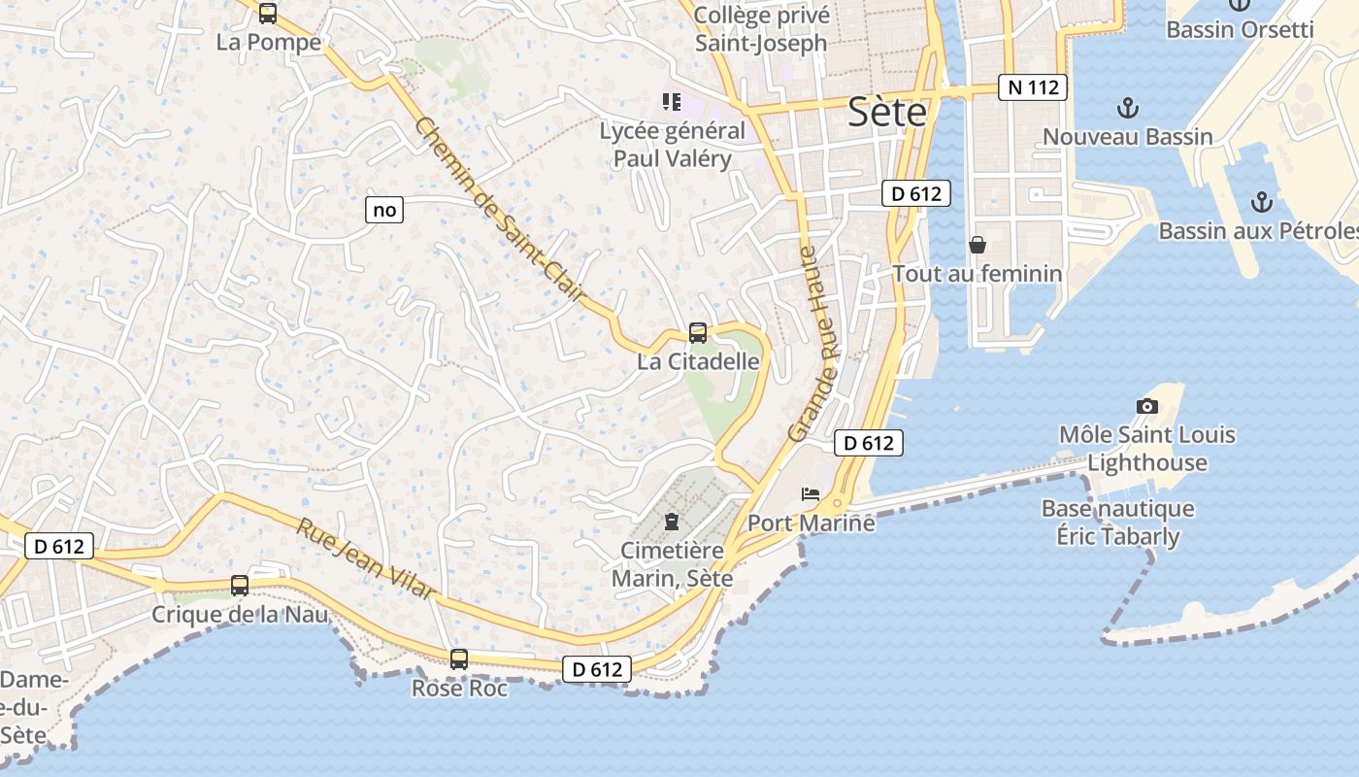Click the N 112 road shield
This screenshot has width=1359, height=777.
1033,87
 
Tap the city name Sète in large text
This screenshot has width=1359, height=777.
886,113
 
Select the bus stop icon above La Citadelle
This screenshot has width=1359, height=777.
698,333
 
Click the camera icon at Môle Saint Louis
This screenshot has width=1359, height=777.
1147,406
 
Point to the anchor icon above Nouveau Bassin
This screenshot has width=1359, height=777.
1128,108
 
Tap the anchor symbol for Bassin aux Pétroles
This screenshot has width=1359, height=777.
1261,202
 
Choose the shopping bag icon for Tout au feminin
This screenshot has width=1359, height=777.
978,245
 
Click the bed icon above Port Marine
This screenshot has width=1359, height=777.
811,494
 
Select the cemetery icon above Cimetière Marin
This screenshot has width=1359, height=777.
671,522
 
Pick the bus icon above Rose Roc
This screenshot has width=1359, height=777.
459,659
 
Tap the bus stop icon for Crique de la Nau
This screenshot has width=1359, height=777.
240,586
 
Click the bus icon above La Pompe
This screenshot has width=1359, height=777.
268,14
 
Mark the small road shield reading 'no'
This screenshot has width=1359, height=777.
384,209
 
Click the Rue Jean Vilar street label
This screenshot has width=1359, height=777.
365,559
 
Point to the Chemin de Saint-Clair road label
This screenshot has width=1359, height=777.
501,209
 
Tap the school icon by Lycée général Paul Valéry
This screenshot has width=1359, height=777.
671,102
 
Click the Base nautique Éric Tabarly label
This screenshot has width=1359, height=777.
1117,523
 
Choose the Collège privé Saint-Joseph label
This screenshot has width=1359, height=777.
761,29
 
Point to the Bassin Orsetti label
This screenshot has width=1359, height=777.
1240,29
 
